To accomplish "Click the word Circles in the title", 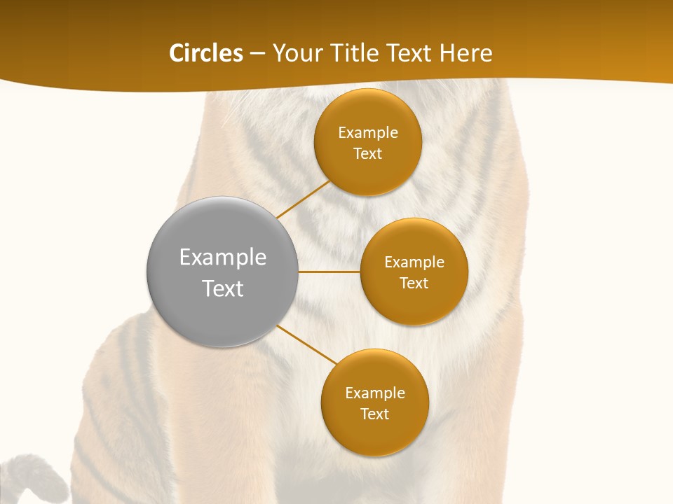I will [x=205, y=53].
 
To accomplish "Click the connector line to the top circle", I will [x=303, y=199].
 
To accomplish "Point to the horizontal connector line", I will [x=329, y=272].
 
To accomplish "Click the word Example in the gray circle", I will [x=223, y=258].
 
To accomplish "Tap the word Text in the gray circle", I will [x=223, y=288].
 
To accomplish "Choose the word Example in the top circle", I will [x=368, y=133].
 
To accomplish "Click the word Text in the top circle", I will [x=368, y=154].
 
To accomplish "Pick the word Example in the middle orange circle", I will [x=414, y=262].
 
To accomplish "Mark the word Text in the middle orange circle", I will [x=414, y=283].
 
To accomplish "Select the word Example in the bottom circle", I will [x=375, y=393].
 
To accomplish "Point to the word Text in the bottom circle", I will [x=375, y=414].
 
